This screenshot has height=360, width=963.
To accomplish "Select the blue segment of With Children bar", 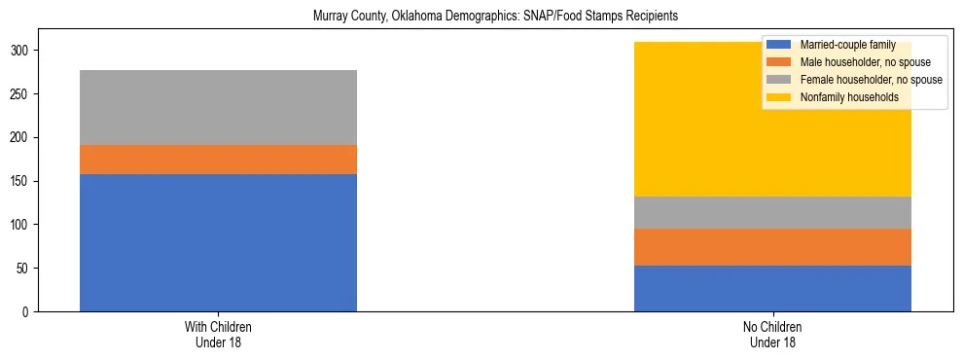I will [218, 242].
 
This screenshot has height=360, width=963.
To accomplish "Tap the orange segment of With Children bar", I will [218, 160].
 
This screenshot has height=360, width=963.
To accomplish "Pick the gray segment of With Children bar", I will [218, 107].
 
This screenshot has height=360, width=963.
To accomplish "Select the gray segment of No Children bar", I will [772, 212].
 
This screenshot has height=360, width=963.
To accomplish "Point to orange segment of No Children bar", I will [772, 247].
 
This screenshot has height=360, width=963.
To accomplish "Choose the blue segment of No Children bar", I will [772, 288].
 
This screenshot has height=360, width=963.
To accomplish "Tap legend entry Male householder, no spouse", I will [857, 62].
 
